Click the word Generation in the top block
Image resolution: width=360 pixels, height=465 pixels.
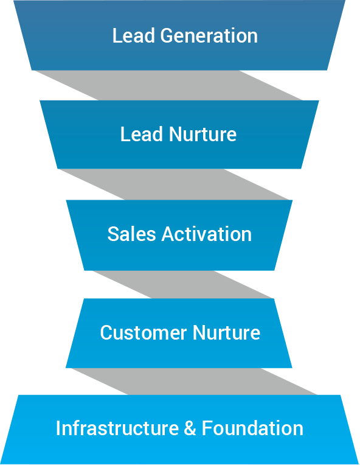tap(209, 36)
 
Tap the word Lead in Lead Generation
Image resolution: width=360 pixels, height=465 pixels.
tap(134, 36)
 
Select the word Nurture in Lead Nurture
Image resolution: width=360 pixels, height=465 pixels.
tap(202, 135)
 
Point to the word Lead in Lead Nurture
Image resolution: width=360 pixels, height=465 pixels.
tap(142, 135)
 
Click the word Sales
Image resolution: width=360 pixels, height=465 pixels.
tap(131, 234)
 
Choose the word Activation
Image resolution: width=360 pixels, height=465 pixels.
tap(207, 234)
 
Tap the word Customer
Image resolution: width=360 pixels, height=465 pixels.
tap(144, 332)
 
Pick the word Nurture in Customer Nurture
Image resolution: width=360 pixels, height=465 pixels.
tap(226, 332)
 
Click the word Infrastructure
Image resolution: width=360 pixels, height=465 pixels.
tap(117, 428)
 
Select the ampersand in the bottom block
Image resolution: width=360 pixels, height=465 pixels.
tap(190, 428)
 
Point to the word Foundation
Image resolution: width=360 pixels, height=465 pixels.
tap(252, 428)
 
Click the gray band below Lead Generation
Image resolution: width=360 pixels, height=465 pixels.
tap(168, 85)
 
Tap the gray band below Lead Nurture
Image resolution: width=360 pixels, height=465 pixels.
tap(174, 184)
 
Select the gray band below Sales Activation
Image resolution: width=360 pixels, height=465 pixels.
tap(183, 285)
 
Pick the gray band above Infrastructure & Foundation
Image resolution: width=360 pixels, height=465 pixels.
tap(194, 382)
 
